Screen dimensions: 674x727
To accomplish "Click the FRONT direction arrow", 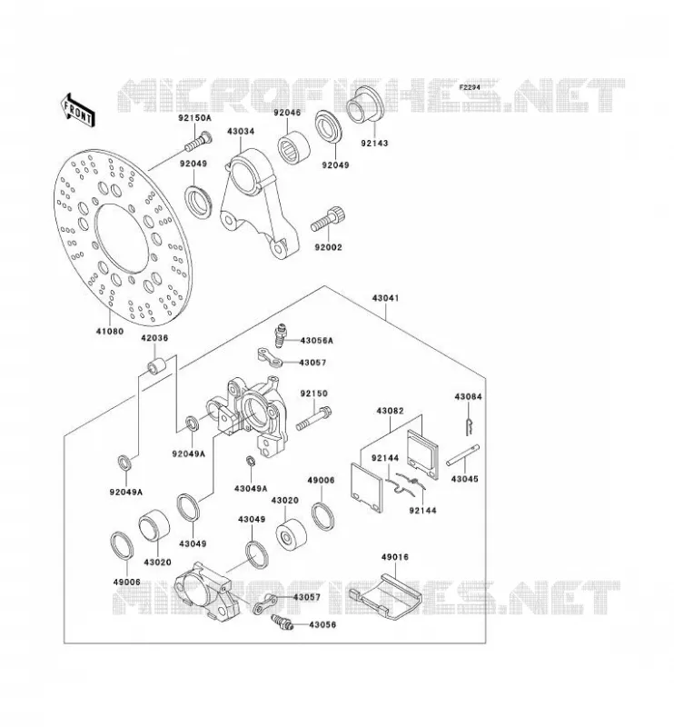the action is [77, 110].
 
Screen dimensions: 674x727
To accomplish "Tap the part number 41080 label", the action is [110, 331].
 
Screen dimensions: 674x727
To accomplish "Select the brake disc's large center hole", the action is [122, 238].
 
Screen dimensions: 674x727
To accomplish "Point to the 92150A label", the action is [194, 118].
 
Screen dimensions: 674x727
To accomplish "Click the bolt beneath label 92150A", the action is [198, 142].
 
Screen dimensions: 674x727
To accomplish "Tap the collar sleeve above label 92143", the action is [364, 105].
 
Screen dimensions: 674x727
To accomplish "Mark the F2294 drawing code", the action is [470, 87].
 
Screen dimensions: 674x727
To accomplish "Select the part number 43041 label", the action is [385, 298].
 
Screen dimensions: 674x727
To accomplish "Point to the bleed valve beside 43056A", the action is [280, 334].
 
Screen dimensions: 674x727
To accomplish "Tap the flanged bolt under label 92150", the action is [313, 418].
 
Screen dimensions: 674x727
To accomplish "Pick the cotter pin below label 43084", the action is [470, 426].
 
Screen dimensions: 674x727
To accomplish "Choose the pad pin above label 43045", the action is [462, 456].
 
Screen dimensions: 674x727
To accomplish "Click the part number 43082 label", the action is [390, 411].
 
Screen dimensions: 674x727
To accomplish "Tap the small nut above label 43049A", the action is [251, 461].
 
